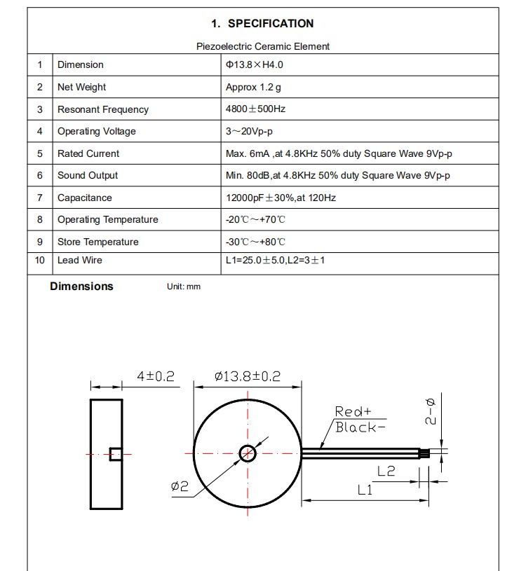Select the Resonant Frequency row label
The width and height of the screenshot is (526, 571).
click(103, 109)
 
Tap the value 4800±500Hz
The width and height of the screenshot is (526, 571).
click(255, 109)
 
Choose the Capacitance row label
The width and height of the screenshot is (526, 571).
click(85, 198)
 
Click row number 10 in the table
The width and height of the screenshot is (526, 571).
click(40, 260)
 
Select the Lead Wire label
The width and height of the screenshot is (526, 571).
click(80, 260)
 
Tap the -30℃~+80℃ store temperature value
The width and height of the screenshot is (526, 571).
click(255, 242)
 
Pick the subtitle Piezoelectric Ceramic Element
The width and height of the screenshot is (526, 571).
click(262, 46)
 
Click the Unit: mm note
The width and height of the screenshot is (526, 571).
click(184, 287)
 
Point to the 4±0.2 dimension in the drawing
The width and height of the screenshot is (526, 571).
click(156, 376)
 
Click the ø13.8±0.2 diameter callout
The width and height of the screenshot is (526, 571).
click(247, 376)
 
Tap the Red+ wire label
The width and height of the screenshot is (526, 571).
click(353, 411)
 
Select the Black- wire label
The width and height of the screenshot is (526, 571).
click(360, 427)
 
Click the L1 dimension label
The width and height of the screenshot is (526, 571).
click(365, 490)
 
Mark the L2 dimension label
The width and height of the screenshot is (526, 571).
click(386, 472)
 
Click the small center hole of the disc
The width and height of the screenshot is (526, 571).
click(247, 453)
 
